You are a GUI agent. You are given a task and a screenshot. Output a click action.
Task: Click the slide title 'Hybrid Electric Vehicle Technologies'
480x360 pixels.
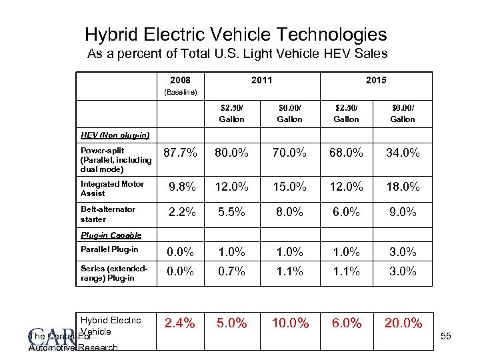tap(235, 34)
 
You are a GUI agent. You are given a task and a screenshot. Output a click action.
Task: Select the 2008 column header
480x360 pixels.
tap(180, 81)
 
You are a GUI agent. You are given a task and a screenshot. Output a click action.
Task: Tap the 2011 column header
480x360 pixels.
tap(261, 81)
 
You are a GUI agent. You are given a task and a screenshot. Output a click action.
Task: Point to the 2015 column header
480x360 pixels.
tap(376, 81)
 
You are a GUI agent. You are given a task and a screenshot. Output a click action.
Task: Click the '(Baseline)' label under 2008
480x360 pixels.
tap(180, 92)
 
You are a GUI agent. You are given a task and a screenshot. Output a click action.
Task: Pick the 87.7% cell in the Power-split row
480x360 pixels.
tap(180, 153)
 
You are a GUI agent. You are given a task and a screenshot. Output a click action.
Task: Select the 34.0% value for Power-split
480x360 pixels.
tap(403, 153)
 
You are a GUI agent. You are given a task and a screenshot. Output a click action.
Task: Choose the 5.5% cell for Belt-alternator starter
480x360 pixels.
tap(232, 213)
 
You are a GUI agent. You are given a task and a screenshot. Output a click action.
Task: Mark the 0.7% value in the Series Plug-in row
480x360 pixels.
tap(232, 271)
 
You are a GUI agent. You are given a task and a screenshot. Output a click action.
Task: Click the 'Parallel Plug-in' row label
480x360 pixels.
tap(109, 250)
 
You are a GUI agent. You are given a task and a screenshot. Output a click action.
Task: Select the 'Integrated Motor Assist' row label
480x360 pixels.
tap(112, 188)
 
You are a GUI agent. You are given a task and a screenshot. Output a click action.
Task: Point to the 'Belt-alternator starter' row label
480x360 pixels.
tap(108, 213)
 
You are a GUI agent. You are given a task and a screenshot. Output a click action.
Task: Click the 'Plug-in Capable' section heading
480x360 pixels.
tap(111, 235)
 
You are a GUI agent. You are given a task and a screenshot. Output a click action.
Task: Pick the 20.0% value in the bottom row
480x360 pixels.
tap(403, 323)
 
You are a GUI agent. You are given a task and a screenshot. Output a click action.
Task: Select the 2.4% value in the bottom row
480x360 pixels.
tap(180, 323)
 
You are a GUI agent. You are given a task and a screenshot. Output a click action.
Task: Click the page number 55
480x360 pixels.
tap(445, 337)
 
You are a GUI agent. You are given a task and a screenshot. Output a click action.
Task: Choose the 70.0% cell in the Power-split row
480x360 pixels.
tap(289, 153)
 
